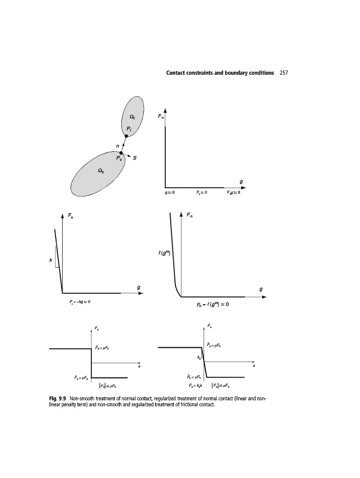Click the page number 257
coord(284,73)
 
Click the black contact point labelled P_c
coord(121,153)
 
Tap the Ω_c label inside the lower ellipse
coord(101,171)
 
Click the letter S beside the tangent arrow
coord(136,158)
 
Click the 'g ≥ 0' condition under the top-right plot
coord(170,193)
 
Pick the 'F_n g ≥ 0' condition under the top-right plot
coord(232,193)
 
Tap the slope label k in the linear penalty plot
coord(51,261)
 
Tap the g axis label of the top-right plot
coord(241,181)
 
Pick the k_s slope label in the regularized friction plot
coord(199,357)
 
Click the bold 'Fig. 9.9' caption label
coord(57,399)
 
